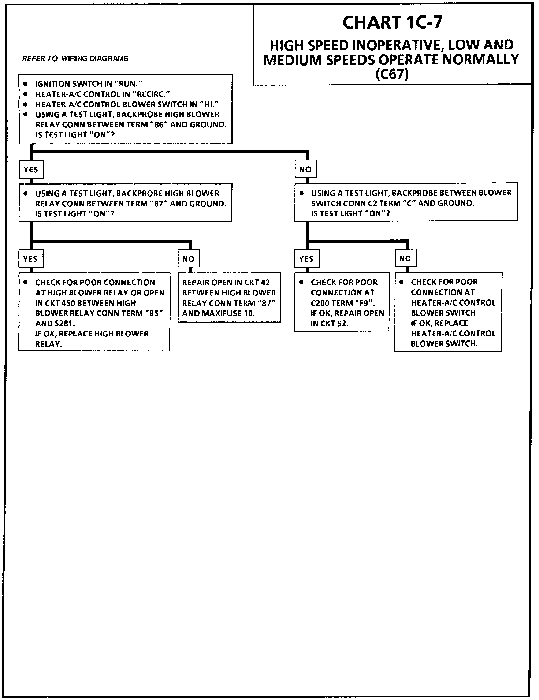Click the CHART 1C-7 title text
pos(392,23)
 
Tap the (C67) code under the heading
pos(392,74)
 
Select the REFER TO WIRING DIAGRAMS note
pos(75,59)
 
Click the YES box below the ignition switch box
pos(31,170)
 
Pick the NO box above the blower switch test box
pos(305,170)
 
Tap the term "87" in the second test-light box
pos(159,204)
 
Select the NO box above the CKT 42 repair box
pos(188,259)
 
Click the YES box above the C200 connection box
pos(306,259)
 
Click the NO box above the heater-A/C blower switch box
pos(405,258)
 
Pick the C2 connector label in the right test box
pos(365,204)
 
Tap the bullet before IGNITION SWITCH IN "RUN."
pos(26,84)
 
